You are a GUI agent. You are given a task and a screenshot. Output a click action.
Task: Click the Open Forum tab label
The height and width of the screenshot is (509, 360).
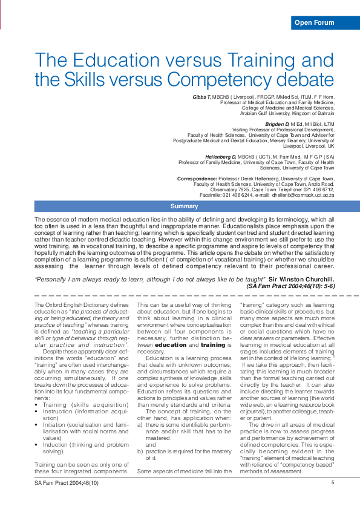coord(313,23)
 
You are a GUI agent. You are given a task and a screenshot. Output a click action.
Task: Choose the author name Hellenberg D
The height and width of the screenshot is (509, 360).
coord(216,157)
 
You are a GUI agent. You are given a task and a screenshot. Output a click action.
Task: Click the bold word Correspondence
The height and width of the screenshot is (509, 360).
coord(197,179)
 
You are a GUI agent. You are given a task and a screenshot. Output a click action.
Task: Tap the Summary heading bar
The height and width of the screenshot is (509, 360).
coord(184,206)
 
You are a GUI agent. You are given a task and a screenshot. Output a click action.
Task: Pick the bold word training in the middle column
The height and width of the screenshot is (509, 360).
coord(212,344)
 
